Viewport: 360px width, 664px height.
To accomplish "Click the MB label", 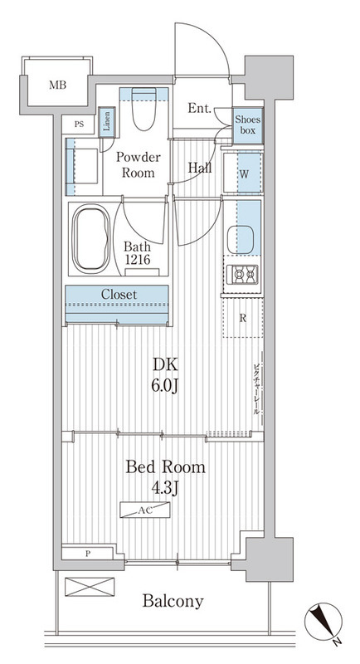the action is tap(57, 85).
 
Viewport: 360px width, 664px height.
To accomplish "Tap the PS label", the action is tap(79, 124).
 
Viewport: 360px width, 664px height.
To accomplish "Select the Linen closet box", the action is tap(107, 122).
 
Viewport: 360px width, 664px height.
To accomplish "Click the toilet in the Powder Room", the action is tap(144, 109).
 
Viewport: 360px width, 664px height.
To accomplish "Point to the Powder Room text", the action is tap(139, 164).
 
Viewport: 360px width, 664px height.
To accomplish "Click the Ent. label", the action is tap(200, 108).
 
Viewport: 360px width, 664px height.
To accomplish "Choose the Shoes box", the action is tap(247, 124).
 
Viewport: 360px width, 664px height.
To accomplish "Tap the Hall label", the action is tap(200, 168).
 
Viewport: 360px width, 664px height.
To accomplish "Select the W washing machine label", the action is tap(244, 174).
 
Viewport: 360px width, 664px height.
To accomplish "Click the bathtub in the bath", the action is tap(90, 238).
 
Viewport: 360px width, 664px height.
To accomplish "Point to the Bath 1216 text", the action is tap(138, 253).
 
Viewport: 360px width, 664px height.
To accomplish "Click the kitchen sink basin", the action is tap(241, 239).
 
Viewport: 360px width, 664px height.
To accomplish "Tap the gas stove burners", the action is tap(242, 275).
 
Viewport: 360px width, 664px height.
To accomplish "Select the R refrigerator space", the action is tap(243, 319).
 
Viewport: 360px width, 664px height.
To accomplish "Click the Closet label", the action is tap(119, 295).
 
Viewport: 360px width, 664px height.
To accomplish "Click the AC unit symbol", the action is tap(145, 510).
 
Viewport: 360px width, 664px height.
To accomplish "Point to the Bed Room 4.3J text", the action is tap(166, 477).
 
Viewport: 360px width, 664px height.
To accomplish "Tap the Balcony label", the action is tap(173, 601).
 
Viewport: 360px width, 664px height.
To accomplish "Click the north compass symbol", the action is tap(324, 622).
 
